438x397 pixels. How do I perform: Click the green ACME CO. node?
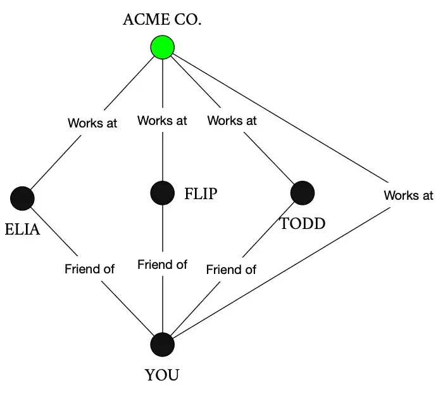coord(163,48)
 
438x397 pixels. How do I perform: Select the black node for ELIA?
coord(22,198)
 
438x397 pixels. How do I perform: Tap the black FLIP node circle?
coord(163,193)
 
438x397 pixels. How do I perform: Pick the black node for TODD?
coord(302,193)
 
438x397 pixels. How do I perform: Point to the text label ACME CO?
coord(162,20)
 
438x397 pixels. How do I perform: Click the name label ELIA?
coord(22,229)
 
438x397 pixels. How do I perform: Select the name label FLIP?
coord(201,193)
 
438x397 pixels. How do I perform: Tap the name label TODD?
coord(303,223)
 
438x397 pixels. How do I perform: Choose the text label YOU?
coord(162,375)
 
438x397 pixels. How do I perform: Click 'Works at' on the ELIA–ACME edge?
coord(92,123)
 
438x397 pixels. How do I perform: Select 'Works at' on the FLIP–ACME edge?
coord(162,120)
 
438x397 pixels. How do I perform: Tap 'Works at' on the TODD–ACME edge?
coord(232,120)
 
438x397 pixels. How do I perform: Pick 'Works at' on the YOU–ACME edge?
coord(408,195)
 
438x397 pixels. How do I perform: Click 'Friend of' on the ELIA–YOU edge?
coord(89,269)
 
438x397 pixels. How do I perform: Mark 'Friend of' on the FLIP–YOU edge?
coord(162,264)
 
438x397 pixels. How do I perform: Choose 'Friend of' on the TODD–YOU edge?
coord(231,270)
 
